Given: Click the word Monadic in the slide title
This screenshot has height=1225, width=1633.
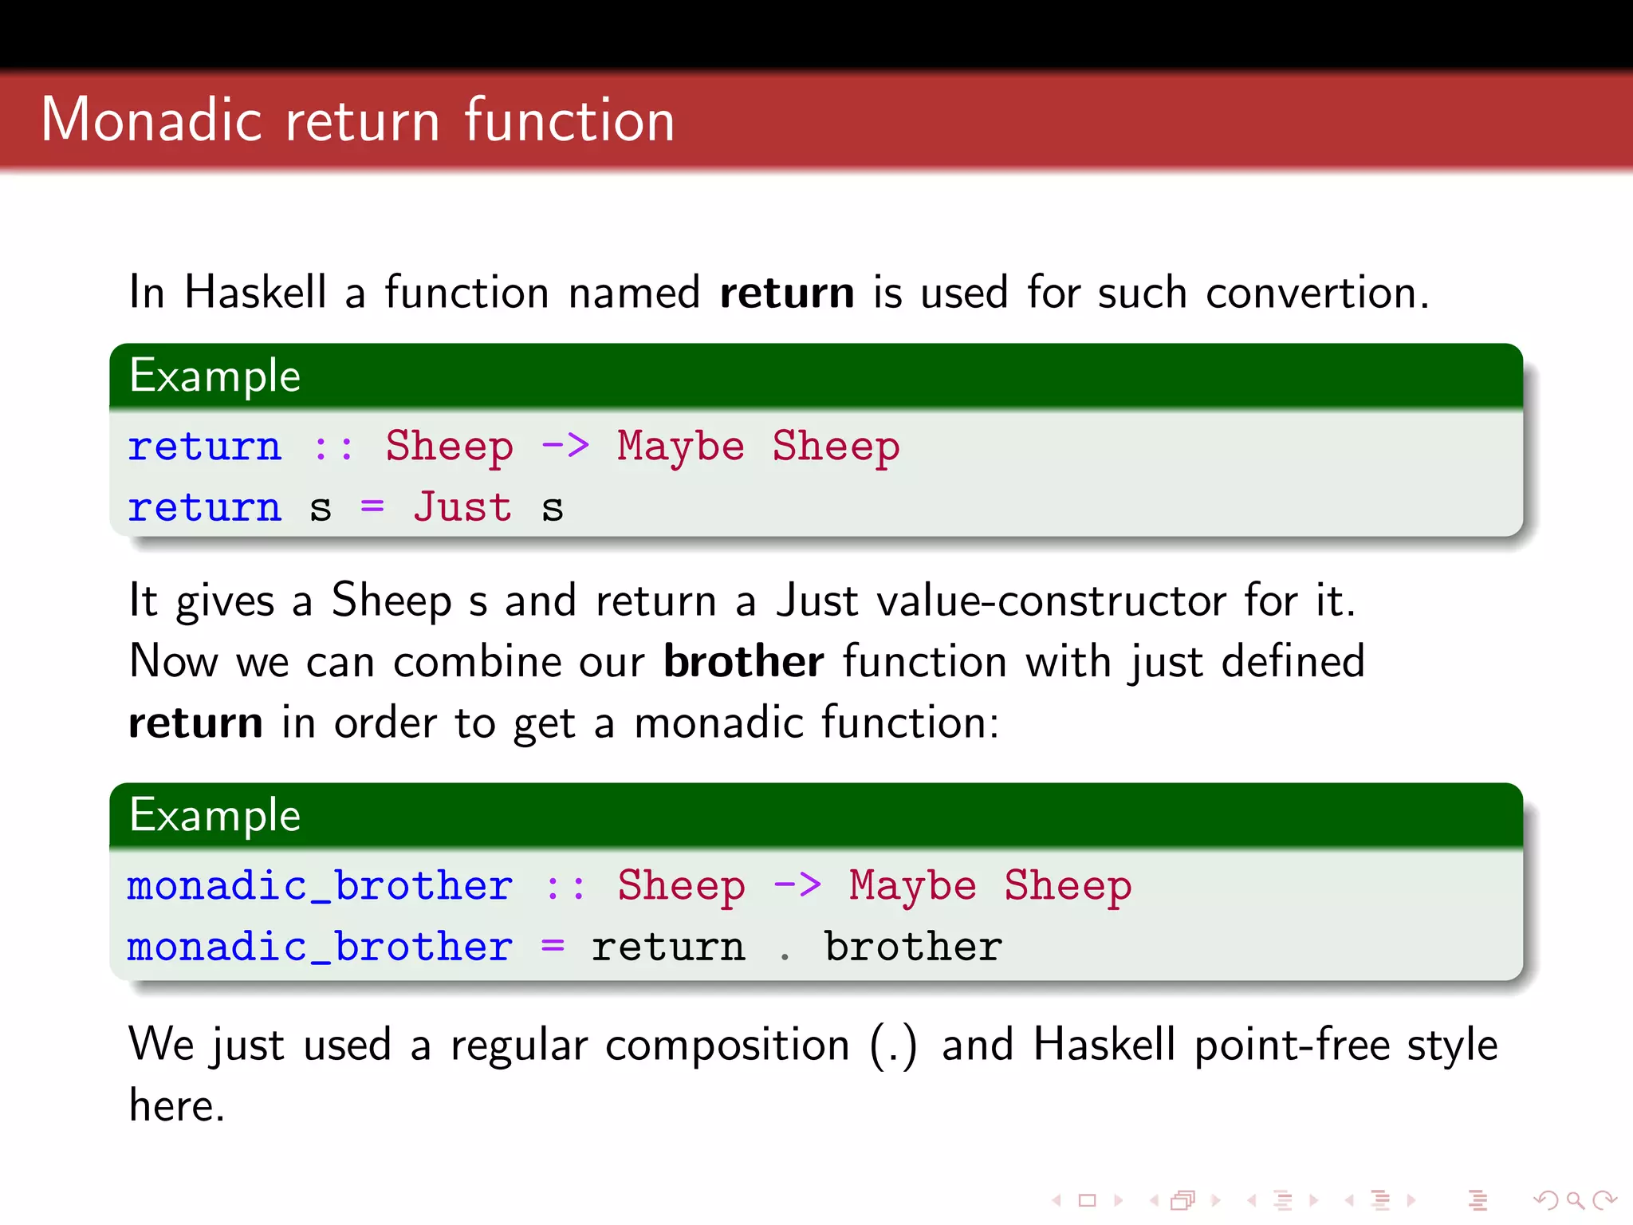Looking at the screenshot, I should [x=151, y=120].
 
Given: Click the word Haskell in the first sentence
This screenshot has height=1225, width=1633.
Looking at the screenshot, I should [x=255, y=292].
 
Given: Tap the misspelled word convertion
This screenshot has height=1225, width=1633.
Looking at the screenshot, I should [x=1316, y=292].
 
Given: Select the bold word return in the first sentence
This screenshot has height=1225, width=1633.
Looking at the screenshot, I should [x=786, y=292].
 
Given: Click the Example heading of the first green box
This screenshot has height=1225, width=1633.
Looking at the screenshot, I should [x=214, y=376].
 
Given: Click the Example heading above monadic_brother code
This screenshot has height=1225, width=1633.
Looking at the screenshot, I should [x=214, y=815].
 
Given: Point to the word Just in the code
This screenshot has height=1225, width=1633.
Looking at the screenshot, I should [x=462, y=507].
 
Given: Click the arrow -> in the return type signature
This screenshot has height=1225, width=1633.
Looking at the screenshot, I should [x=565, y=445].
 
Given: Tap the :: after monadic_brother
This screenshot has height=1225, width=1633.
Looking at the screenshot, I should [x=565, y=885].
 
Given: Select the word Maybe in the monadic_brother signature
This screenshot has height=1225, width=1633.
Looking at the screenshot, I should [x=912, y=885].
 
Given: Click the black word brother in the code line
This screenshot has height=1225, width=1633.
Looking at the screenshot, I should [x=912, y=947].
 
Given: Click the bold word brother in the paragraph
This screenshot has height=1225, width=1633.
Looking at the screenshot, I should [x=743, y=661].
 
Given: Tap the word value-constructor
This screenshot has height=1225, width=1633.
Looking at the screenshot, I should [x=1051, y=600].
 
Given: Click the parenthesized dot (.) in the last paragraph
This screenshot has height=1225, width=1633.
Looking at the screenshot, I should [x=893, y=1045].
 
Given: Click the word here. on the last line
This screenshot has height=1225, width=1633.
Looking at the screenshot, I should [x=177, y=1106].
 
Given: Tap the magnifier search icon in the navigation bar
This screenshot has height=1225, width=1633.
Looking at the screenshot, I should [x=1575, y=1199].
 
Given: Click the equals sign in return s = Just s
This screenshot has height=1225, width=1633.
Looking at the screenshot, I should [x=372, y=507].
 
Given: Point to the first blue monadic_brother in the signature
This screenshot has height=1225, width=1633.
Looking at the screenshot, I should [x=319, y=885].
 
